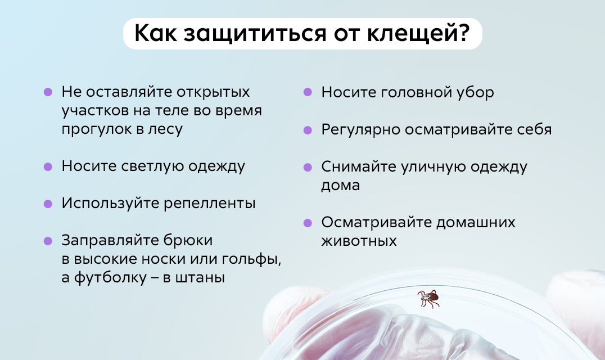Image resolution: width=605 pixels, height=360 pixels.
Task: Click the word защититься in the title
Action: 255,34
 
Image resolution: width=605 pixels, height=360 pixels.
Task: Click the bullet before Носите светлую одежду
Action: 48,166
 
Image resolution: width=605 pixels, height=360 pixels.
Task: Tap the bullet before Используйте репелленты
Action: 48,204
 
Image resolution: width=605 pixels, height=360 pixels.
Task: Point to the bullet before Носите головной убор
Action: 308,92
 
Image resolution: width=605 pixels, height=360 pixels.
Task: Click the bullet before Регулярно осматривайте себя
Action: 308,130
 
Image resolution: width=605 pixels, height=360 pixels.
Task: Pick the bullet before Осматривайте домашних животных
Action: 308,223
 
